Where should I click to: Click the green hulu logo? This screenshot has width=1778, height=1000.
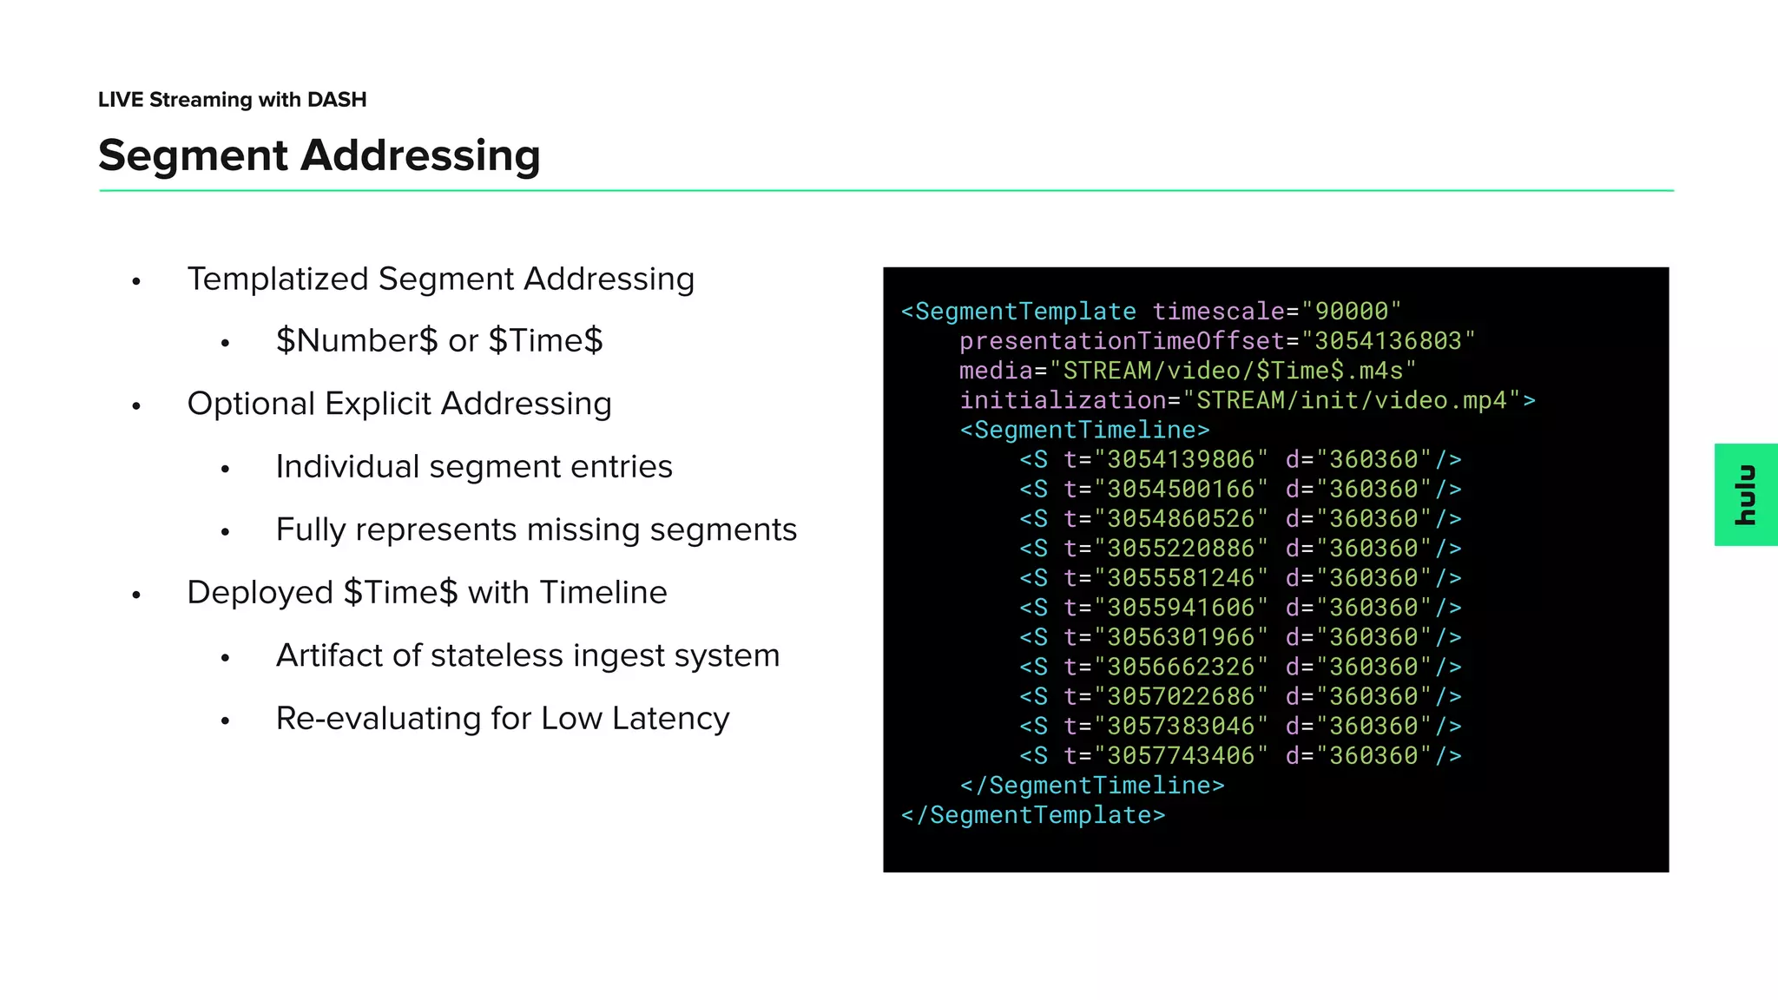pos(1745,495)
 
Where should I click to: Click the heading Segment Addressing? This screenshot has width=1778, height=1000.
pos(319,155)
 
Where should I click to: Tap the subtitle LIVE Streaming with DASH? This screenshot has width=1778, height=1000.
pos(232,100)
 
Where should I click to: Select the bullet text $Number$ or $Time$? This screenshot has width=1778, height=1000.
pos(438,340)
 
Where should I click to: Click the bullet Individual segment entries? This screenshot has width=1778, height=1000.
pos(473,467)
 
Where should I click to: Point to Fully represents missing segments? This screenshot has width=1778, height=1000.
pos(536,530)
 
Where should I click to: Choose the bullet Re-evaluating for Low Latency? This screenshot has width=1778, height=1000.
pos(502,719)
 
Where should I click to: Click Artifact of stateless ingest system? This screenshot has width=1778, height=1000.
pos(527,655)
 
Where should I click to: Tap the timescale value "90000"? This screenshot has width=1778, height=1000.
pos(1351,312)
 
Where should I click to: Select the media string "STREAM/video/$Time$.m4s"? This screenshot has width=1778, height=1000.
pos(1232,371)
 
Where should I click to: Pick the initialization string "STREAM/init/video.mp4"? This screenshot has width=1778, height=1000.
pos(1351,400)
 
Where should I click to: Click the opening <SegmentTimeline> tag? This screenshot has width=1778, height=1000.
pos(1084,430)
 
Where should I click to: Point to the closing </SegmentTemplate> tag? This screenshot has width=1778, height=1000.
pos(1033,815)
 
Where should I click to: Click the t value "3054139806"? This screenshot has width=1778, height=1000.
pos(1181,459)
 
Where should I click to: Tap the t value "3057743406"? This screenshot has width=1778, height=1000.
pos(1181,756)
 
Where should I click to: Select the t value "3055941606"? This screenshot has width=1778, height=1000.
pos(1181,608)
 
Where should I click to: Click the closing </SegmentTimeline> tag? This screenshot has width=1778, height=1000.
pos(1092,786)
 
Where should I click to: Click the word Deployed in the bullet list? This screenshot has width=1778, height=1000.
pos(260,593)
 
